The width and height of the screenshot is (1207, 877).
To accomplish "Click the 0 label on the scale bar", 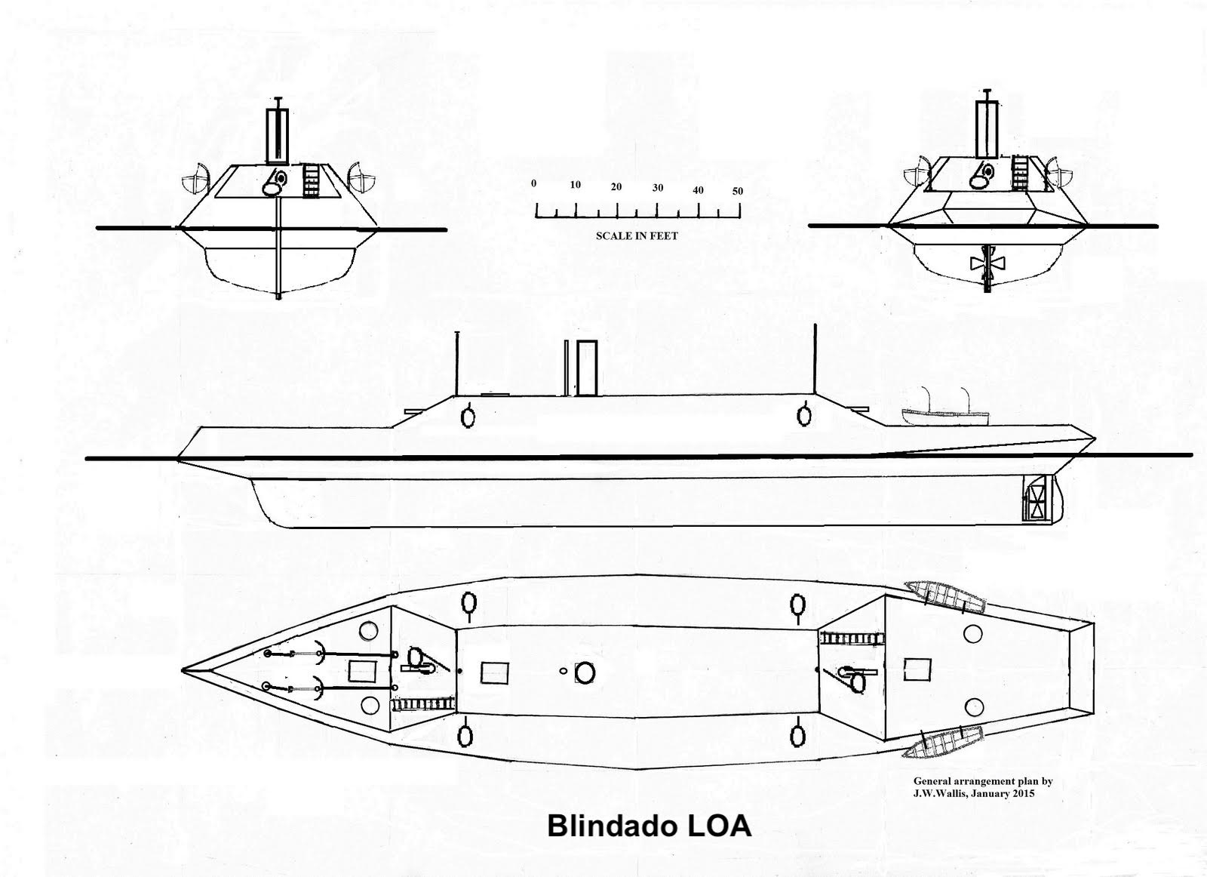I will point(534,183).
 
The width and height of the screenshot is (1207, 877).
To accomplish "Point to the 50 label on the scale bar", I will point(737,191).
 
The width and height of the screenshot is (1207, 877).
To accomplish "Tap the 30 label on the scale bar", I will point(658,188).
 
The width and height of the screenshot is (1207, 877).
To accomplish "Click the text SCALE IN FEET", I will point(637,235).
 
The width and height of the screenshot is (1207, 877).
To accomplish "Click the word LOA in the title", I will point(718,825).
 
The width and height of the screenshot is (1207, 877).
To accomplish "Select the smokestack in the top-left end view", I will point(278,134).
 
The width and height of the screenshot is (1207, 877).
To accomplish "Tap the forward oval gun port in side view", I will point(468,416).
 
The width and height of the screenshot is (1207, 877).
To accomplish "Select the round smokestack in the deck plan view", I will point(585,672).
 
